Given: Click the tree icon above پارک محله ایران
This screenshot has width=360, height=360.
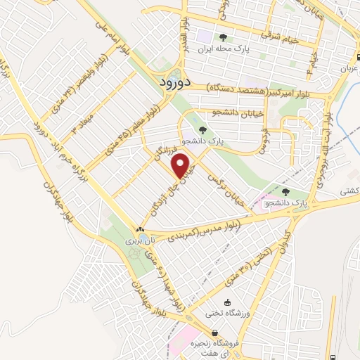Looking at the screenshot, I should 224,37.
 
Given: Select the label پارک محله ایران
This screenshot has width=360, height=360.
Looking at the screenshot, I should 224,49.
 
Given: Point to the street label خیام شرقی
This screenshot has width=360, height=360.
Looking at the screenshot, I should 281,37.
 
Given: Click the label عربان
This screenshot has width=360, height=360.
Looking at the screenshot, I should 349,70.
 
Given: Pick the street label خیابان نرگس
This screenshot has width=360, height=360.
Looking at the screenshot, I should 232,188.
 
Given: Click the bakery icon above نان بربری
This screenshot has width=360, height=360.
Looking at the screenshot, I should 141,229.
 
